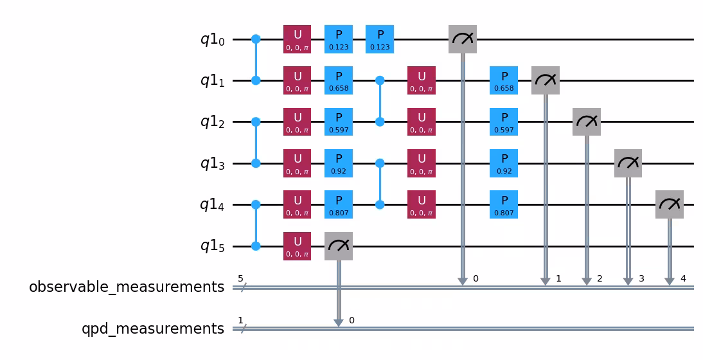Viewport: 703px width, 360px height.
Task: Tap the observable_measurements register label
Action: click(x=127, y=287)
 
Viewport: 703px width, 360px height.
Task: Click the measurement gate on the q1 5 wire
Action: click(x=339, y=246)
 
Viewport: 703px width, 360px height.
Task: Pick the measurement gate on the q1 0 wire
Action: click(x=463, y=40)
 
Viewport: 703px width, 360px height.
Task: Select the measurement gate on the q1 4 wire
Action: click(x=670, y=205)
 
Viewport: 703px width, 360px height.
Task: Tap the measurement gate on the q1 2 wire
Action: click(x=587, y=122)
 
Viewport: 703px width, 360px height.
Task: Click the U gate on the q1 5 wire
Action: click(x=297, y=246)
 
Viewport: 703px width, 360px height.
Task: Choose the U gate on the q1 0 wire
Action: click(x=297, y=40)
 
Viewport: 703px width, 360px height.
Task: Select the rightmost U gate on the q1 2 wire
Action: click(x=422, y=122)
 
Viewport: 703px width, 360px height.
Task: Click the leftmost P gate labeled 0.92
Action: click(x=339, y=163)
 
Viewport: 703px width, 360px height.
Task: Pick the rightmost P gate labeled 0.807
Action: click(x=504, y=205)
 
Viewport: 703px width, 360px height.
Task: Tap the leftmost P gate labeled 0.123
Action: click(x=339, y=40)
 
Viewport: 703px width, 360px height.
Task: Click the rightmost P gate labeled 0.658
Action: click(x=504, y=81)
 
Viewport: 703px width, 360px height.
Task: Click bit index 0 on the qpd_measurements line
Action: click(x=351, y=320)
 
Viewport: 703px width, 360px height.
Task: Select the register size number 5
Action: click(x=240, y=279)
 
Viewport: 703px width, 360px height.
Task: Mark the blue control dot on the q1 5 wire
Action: click(x=256, y=246)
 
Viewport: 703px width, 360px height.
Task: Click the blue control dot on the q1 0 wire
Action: click(x=256, y=40)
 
